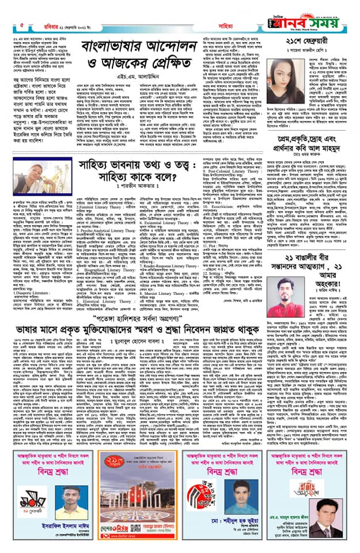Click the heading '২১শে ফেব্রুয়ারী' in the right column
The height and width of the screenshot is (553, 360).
tap(314, 59)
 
